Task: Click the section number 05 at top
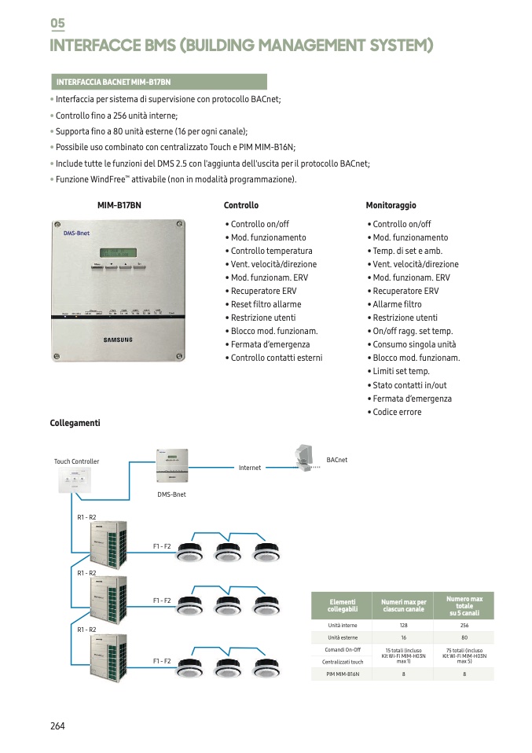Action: point(57,24)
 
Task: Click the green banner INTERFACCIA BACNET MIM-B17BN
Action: point(158,82)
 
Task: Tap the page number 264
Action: point(57,725)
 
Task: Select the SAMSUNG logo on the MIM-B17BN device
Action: point(119,340)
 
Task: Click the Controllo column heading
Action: point(240,205)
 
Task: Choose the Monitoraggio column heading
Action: point(391,205)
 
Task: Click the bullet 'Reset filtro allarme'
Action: point(266,304)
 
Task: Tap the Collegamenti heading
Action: point(75,423)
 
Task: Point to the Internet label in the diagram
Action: point(250,468)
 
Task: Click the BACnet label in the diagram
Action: point(336,460)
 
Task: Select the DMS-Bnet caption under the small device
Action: point(171,494)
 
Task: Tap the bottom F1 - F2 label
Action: point(162,661)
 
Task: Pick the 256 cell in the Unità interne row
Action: point(464,625)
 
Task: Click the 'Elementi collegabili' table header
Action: point(342,605)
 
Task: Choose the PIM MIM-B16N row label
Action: point(342,674)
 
